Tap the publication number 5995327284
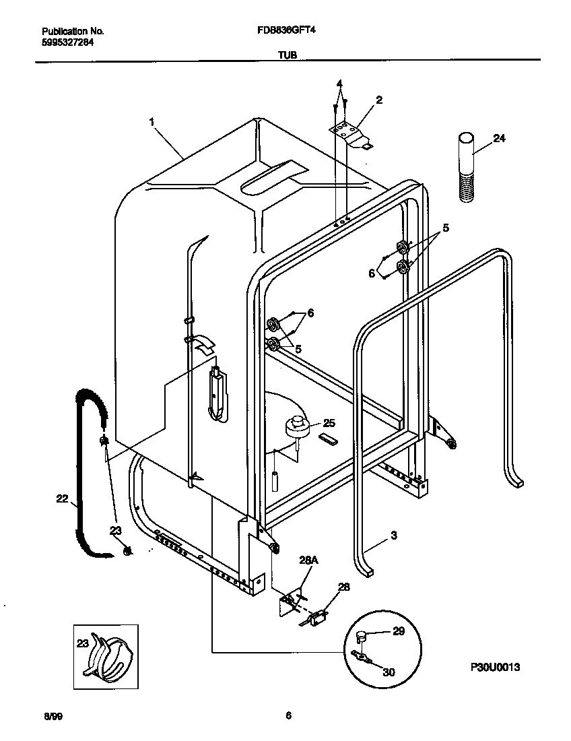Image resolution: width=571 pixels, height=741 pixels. [67, 41]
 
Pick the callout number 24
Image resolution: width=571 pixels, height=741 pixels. [499, 139]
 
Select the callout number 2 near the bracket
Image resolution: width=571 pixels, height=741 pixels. [379, 100]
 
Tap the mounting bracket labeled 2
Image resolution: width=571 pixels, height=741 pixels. [350, 132]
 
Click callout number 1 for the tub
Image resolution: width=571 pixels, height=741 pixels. [152, 123]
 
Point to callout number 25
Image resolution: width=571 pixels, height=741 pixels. [329, 423]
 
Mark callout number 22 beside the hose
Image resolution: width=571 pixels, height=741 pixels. [62, 498]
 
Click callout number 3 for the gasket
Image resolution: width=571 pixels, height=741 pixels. [393, 536]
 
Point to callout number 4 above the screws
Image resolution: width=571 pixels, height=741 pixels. [340, 84]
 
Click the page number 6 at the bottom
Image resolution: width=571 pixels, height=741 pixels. [288, 716]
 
